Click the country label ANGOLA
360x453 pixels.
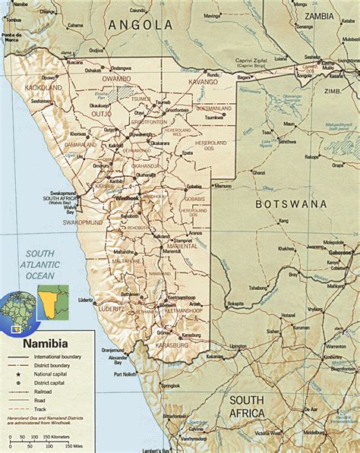pos(141,25)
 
